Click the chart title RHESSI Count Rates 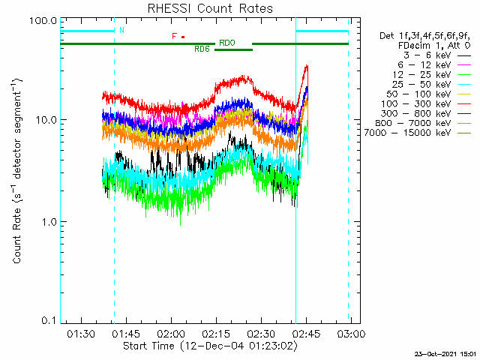[x=210, y=8]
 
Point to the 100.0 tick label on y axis [x=43, y=21]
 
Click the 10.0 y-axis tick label [x=46, y=120]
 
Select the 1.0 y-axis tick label [x=49, y=222]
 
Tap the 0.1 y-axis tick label [x=49, y=320]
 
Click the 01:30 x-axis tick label [x=81, y=333]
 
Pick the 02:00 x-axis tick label [x=171, y=333]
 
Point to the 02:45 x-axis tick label [x=306, y=333]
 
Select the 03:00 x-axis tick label [x=351, y=333]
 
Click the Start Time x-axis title [x=210, y=346]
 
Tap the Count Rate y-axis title [x=17, y=171]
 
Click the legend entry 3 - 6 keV [x=427, y=55]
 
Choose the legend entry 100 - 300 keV [x=415, y=103]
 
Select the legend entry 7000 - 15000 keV [x=407, y=133]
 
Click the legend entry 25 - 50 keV [x=421, y=85]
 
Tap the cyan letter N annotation [x=121, y=30]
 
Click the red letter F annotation [x=174, y=37]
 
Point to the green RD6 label [x=202, y=49]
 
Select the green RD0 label [x=227, y=43]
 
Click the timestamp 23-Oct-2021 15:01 [x=445, y=354]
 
